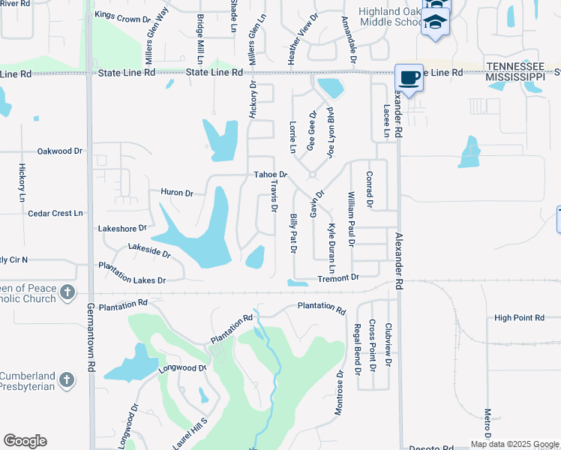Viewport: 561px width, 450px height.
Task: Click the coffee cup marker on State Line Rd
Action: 409,78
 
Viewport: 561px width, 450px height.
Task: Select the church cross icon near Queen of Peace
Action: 67,292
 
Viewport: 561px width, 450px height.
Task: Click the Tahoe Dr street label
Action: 271,175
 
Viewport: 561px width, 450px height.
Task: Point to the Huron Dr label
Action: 177,193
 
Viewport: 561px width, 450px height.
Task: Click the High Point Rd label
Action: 519,318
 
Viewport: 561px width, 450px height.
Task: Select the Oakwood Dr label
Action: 59,151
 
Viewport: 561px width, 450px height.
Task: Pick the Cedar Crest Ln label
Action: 55,213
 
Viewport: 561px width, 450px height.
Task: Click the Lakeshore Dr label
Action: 121,227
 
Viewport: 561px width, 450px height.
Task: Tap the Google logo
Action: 25,441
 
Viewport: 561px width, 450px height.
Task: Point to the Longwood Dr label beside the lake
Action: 182,368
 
